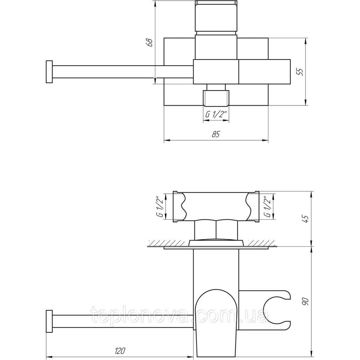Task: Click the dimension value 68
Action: pos(150,42)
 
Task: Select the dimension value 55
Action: pos(300,72)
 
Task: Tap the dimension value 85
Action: pos(216,134)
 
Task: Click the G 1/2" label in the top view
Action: pos(216,114)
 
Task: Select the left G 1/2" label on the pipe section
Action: pos(161,206)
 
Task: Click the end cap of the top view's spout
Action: pos(49,72)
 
